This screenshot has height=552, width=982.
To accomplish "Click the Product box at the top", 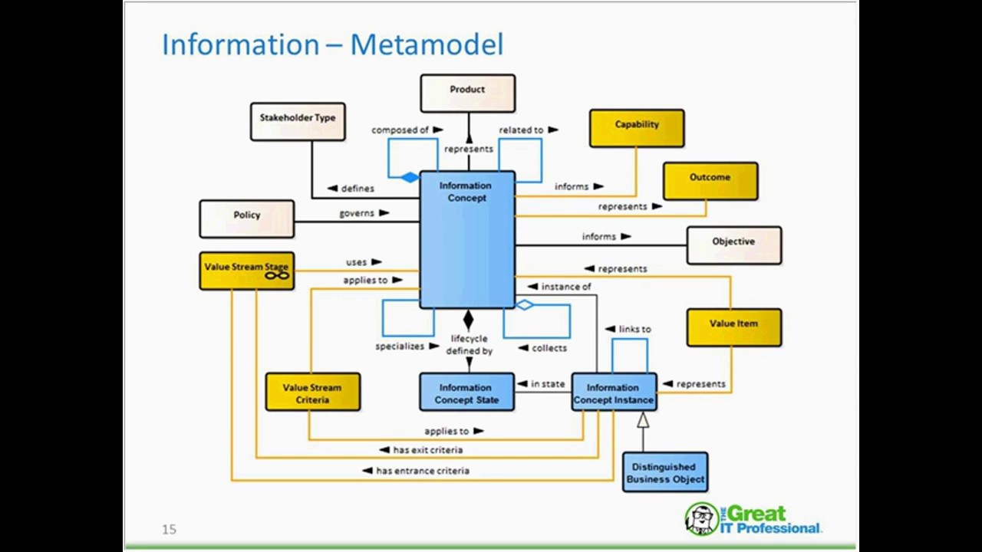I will pyautogui.click(x=467, y=94).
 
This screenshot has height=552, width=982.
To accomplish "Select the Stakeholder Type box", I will pyautogui.click(x=298, y=122).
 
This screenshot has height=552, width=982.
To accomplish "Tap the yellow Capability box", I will pyautogui.click(x=637, y=128).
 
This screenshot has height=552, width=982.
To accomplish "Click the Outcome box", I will pyautogui.click(x=710, y=181).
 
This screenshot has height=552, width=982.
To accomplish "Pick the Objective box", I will pyautogui.click(x=733, y=245).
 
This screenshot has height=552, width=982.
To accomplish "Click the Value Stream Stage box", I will pyautogui.click(x=246, y=271).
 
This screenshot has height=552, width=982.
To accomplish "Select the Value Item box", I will pyautogui.click(x=733, y=327).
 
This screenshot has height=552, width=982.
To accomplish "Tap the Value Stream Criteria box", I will pyautogui.click(x=312, y=393).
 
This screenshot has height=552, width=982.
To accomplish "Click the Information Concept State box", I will pyautogui.click(x=466, y=393).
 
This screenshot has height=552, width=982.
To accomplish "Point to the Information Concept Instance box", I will pyautogui.click(x=613, y=393).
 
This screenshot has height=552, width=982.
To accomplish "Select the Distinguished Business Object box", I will pyautogui.click(x=665, y=472).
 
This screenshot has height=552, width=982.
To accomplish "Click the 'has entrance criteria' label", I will pyautogui.click(x=422, y=471).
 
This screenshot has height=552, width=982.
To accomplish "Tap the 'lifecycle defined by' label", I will pyautogui.click(x=469, y=345).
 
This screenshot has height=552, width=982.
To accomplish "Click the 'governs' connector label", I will pyautogui.click(x=357, y=213).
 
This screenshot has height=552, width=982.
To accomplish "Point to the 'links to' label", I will pyautogui.click(x=634, y=329).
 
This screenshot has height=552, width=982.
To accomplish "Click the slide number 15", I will pyautogui.click(x=169, y=529).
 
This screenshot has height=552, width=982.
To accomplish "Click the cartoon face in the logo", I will pyautogui.click(x=700, y=519).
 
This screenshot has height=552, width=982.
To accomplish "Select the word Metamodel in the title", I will pyautogui.click(x=427, y=44).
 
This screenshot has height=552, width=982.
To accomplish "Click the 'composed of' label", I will pyautogui.click(x=400, y=130).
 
